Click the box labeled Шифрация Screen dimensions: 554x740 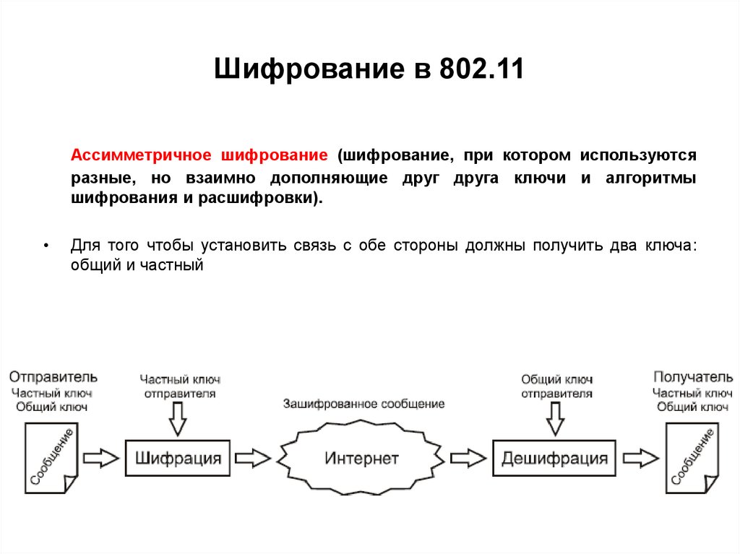coord(178,458)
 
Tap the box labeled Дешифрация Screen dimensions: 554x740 coord(554,458)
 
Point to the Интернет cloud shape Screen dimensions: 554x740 coord(361,458)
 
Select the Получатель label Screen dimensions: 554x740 coord(692,377)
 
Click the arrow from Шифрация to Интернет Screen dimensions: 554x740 coord(252,458)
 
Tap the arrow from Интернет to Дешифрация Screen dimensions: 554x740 coord(468,458)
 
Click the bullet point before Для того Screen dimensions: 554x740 coord(46,246)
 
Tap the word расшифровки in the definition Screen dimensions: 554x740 coord(271,198)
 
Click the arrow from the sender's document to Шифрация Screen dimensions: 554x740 coord(100,458)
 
